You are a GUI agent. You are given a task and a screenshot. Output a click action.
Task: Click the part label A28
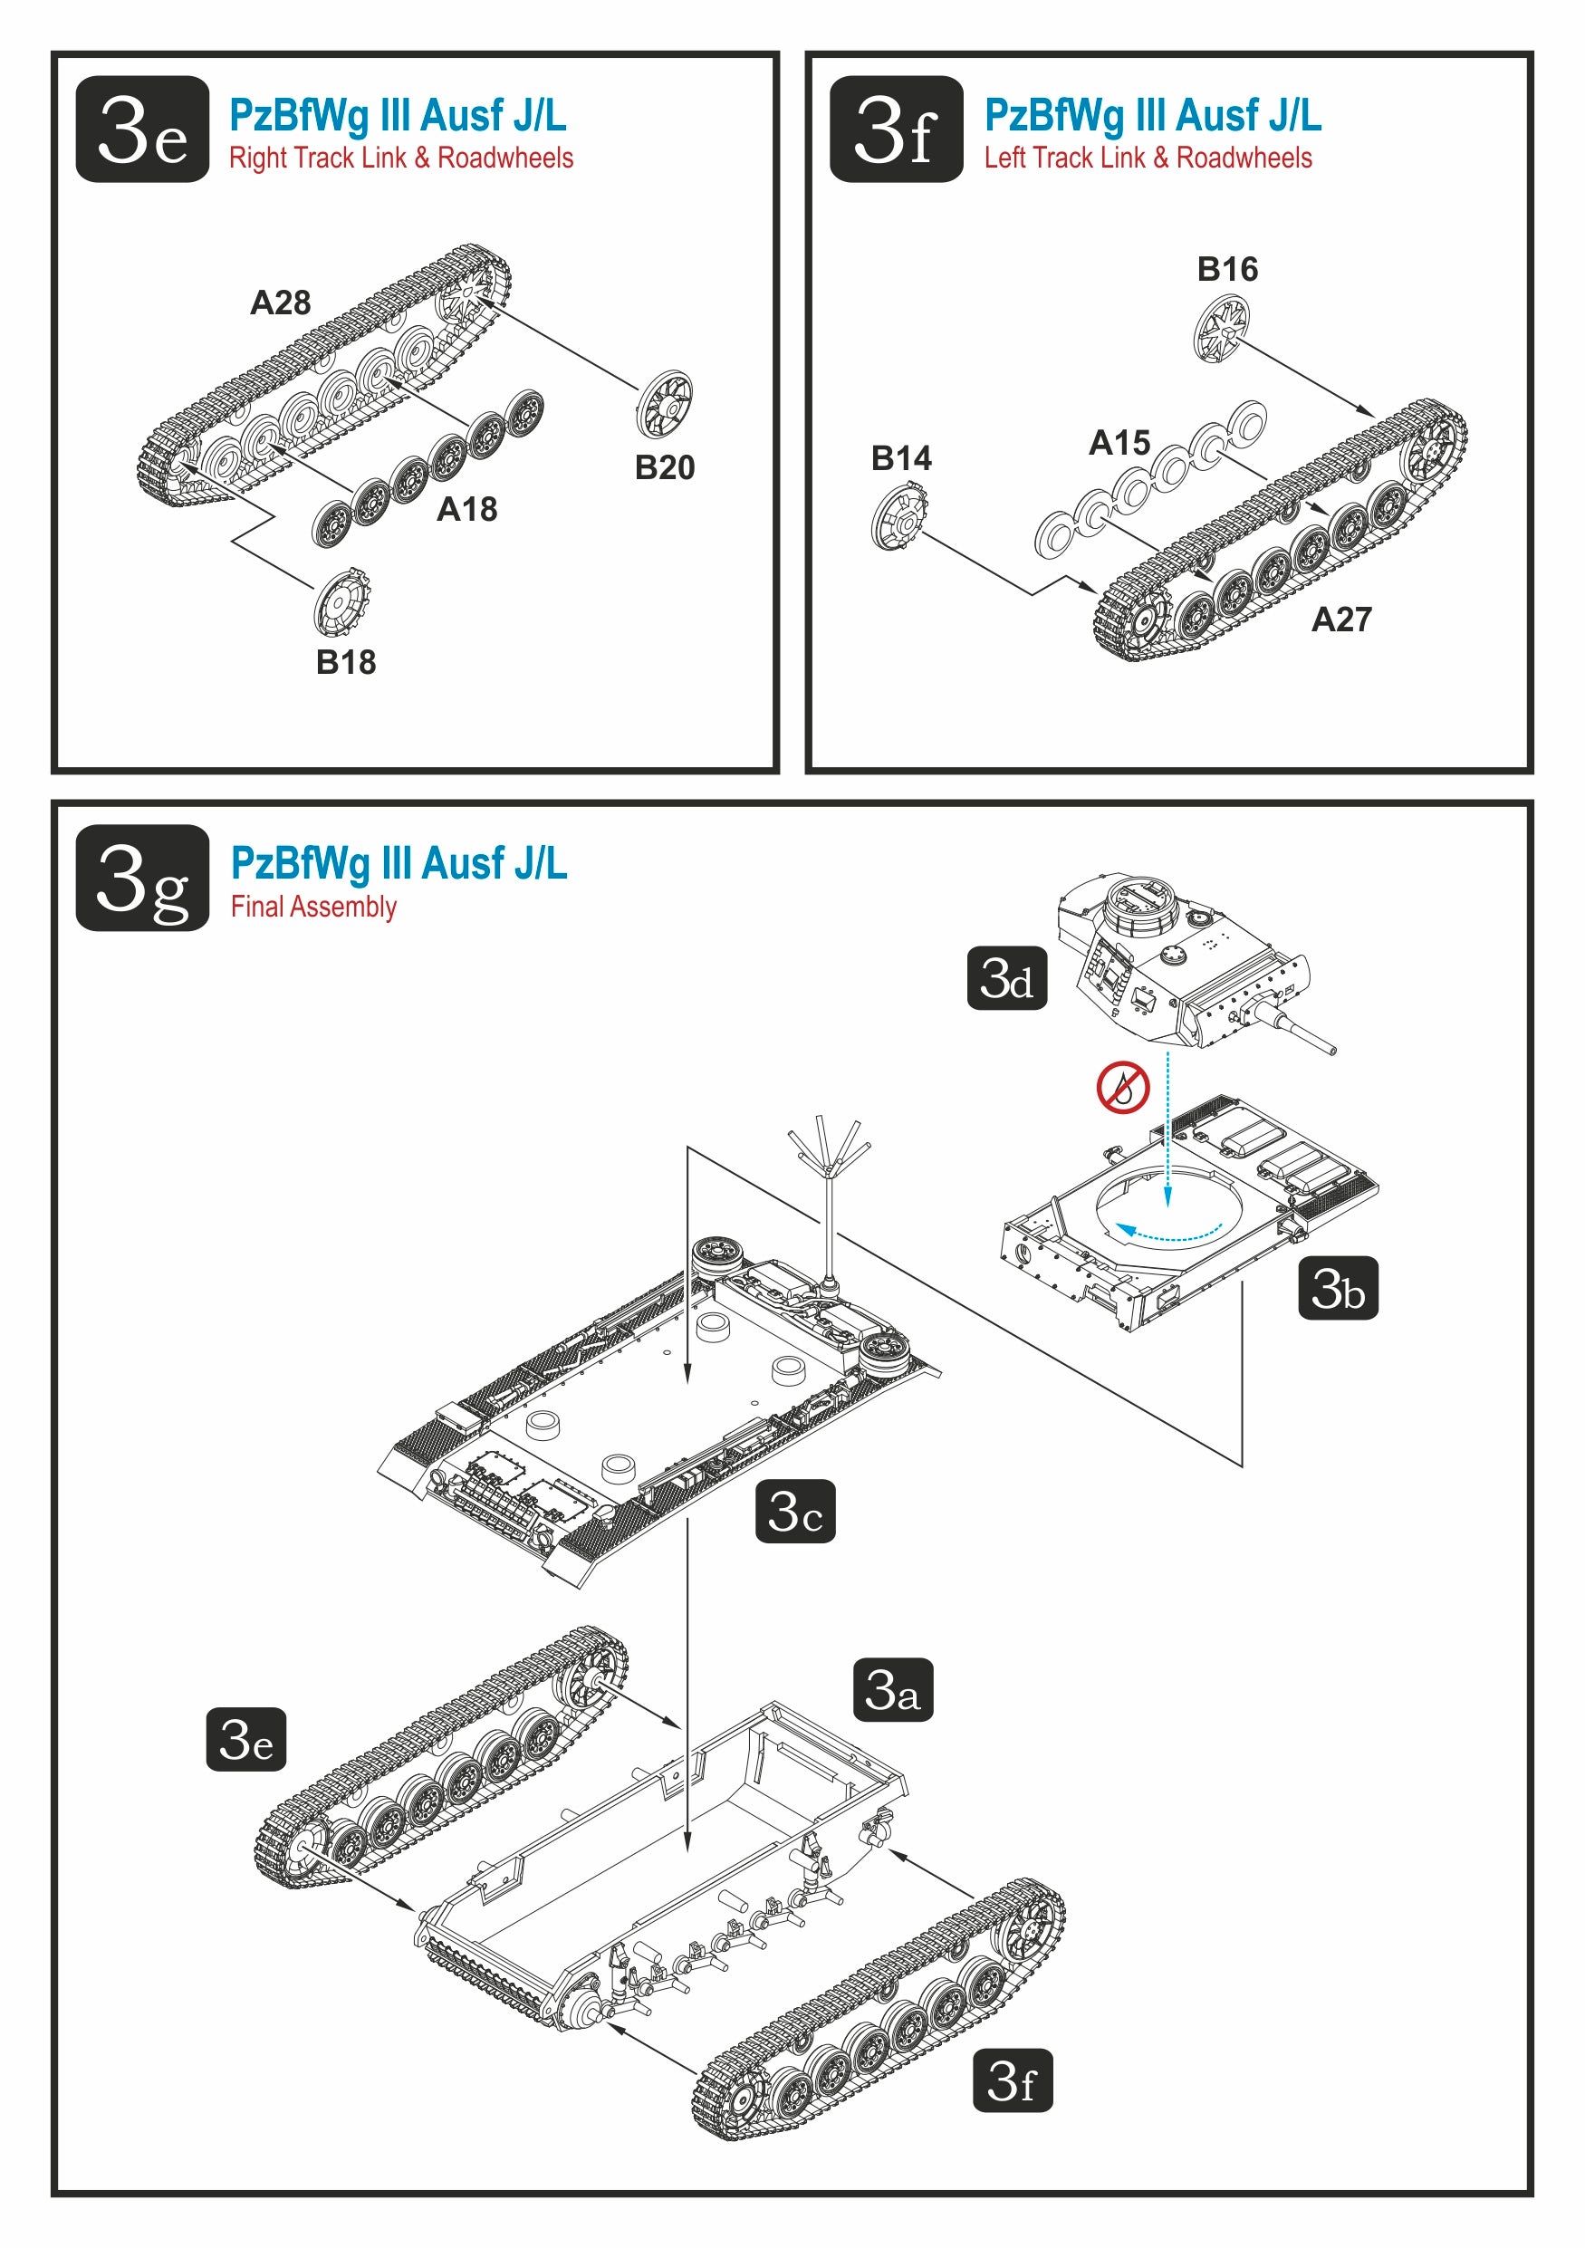pos(280,303)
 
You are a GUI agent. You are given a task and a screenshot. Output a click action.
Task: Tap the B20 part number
pos(665,467)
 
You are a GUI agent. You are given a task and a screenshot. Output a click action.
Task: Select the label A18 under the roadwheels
pos(467,509)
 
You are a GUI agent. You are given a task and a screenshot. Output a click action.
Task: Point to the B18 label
pos(346,662)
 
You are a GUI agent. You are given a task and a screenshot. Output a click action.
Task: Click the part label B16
pos(1227,268)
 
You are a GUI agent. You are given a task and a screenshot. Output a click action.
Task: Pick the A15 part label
pos(1120,443)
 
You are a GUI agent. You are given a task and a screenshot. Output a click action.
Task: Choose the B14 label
pos(902,457)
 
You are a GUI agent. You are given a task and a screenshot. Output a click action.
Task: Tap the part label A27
pos(1341,619)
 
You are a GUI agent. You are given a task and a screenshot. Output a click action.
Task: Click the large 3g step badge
pos(143,878)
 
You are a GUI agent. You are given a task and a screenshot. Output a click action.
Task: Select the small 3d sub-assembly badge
pos(1006,977)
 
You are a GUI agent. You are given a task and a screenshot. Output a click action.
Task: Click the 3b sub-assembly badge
pos(1338,1288)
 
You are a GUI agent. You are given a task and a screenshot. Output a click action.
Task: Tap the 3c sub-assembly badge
pos(795,1511)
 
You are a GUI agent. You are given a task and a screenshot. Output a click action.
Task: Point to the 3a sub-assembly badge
pos(893,1689)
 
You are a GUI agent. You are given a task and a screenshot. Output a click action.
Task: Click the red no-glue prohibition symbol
pos(1122,1087)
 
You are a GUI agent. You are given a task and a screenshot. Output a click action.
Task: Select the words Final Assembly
pos(313,907)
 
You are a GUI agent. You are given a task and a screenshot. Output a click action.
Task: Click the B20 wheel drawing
pos(665,404)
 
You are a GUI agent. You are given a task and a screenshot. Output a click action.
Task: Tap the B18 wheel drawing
pos(342,602)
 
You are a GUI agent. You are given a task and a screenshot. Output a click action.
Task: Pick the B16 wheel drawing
pos(1222,331)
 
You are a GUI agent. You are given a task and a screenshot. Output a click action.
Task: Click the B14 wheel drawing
pos(898,519)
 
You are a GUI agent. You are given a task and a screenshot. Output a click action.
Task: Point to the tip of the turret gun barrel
pos(1331,1051)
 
